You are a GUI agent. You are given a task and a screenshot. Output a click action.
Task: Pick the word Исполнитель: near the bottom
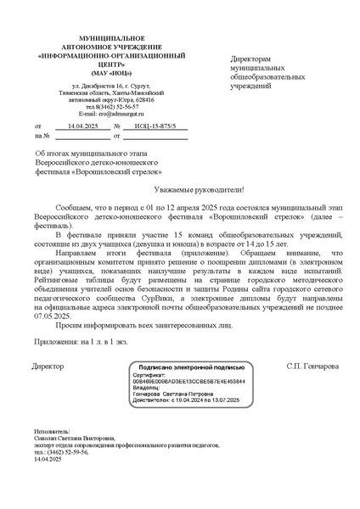(x=53, y=431)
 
